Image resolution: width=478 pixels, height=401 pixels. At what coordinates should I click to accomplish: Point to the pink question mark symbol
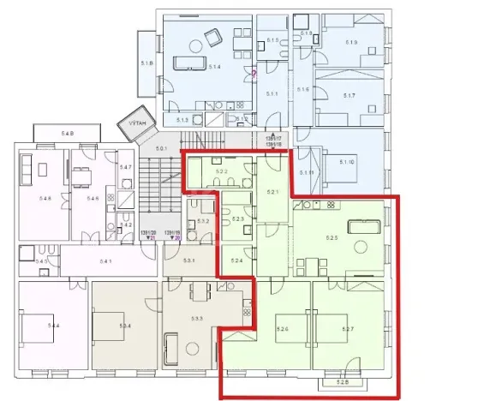254,75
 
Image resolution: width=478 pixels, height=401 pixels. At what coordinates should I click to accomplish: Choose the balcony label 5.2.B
344,382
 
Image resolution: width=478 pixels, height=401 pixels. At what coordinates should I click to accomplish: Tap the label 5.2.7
348,329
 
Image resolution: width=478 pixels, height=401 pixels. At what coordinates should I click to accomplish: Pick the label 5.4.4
53,326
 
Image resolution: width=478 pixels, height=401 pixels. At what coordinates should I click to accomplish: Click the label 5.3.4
124,326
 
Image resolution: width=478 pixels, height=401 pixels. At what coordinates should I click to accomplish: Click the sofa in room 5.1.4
188,62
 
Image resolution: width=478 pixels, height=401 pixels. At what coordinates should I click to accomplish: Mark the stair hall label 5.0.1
162,151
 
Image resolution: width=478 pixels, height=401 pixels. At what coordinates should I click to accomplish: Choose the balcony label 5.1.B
147,63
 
